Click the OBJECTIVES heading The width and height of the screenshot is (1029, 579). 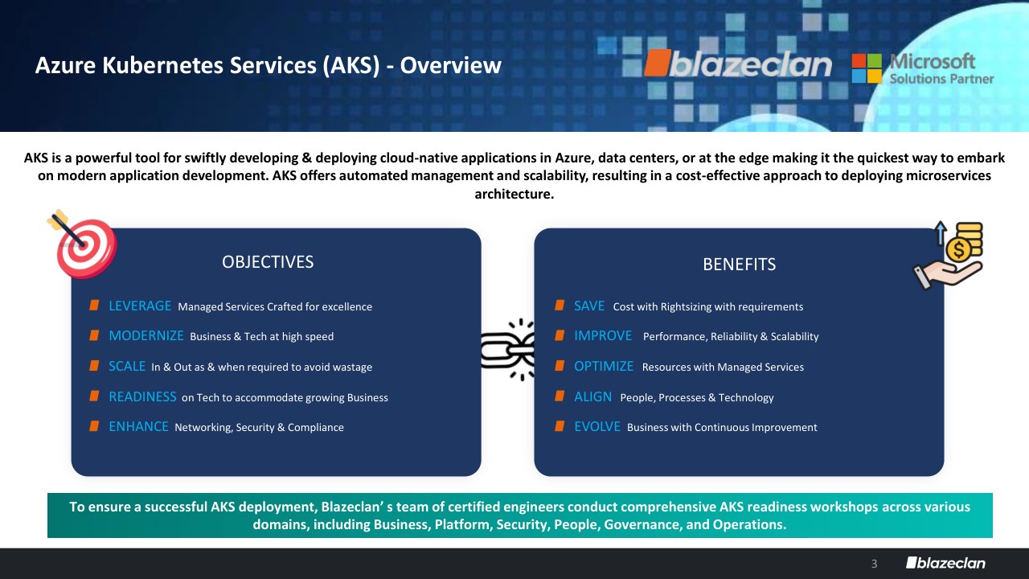[x=268, y=262]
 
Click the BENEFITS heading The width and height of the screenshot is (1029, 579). [x=739, y=265]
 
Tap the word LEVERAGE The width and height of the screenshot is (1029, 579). [x=140, y=306]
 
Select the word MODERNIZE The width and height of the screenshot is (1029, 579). [x=146, y=336]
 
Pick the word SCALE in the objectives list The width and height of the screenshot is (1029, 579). [x=127, y=366]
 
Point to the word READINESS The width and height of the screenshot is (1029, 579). [x=142, y=396]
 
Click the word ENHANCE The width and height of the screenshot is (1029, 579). [x=138, y=426]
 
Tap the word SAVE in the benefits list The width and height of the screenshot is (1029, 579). [x=589, y=306]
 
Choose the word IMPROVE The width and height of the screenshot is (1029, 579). [x=603, y=336]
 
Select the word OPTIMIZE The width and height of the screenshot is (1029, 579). [x=604, y=366]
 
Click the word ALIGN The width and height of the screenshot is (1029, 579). [x=592, y=396]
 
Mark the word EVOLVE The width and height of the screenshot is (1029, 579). [x=597, y=426]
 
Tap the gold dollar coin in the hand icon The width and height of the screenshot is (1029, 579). [x=959, y=250]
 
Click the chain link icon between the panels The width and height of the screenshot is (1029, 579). [x=507, y=350]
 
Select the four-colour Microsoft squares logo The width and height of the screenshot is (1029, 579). [x=867, y=68]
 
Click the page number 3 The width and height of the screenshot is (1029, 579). [x=874, y=564]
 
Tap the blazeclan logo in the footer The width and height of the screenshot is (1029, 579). [x=945, y=563]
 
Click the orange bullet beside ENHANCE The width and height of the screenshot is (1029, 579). [x=94, y=426]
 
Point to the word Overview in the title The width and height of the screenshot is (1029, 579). [x=450, y=65]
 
